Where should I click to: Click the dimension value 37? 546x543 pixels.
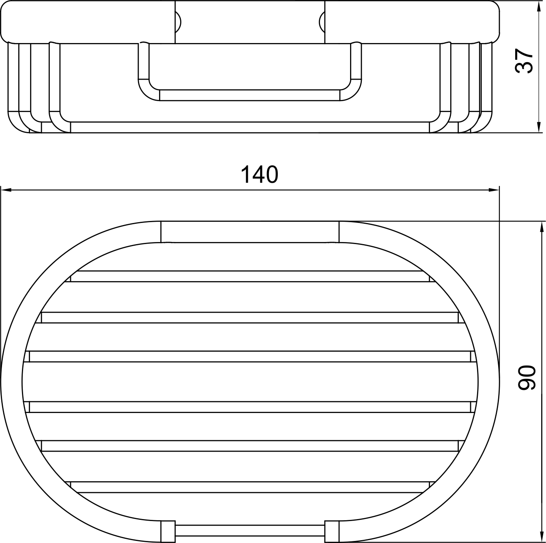(x=524, y=61)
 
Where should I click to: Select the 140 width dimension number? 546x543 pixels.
(x=260, y=175)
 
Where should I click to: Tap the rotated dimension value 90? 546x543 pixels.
(x=527, y=377)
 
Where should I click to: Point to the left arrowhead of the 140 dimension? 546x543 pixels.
(x=6, y=190)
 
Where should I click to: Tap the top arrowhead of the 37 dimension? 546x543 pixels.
(x=539, y=6)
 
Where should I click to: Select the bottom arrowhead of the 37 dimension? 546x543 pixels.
(x=539, y=127)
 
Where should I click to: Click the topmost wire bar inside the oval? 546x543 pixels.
(x=250, y=276)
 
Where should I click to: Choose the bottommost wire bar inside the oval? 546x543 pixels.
(x=250, y=487)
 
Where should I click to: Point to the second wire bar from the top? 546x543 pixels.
(x=250, y=318)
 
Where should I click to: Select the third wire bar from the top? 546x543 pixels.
(x=250, y=356)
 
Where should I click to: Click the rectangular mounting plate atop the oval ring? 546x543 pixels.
(x=250, y=232)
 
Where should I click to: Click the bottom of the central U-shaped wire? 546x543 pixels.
(x=250, y=95)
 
